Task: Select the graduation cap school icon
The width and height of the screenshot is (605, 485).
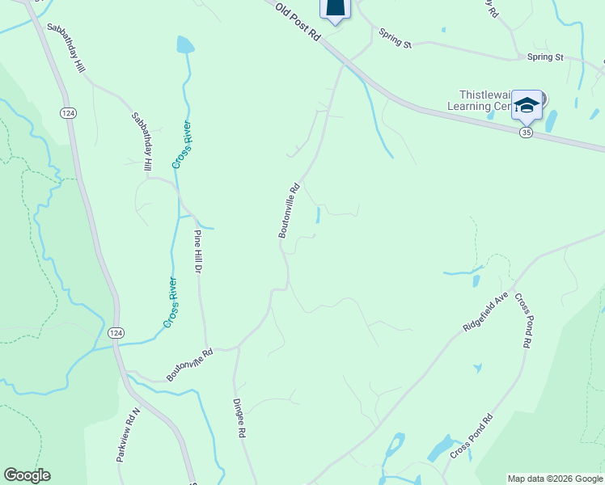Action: [527, 105]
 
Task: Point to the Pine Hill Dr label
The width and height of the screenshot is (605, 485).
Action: [197, 251]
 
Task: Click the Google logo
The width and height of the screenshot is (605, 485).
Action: [27, 475]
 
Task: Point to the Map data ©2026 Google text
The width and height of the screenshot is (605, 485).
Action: [555, 479]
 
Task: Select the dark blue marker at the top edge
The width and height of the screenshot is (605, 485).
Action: [336, 8]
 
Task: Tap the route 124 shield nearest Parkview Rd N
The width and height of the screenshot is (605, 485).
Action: [116, 333]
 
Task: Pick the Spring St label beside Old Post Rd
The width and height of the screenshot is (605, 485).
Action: [396, 38]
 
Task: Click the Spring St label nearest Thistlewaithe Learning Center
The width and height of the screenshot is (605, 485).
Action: [544, 57]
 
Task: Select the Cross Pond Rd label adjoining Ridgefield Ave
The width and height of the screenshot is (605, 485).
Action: [522, 320]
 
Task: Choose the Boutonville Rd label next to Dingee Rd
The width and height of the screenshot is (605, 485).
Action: [189, 365]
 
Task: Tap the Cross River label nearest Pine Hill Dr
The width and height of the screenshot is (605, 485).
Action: [172, 302]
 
